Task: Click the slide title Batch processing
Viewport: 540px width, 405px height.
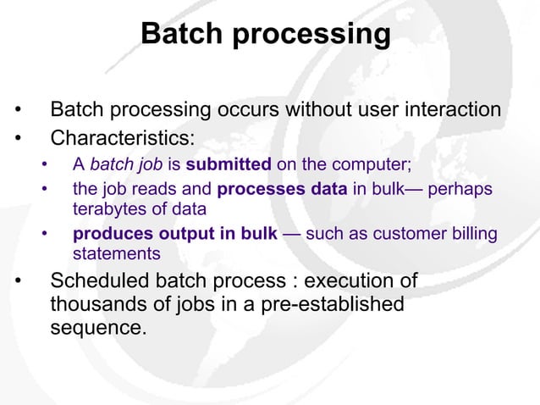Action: [x=266, y=35]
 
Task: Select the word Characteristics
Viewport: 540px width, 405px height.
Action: [x=122, y=136]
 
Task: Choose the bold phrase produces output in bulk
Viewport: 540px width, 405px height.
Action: [x=174, y=234]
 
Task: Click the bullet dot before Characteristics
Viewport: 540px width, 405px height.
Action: [x=15, y=137]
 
